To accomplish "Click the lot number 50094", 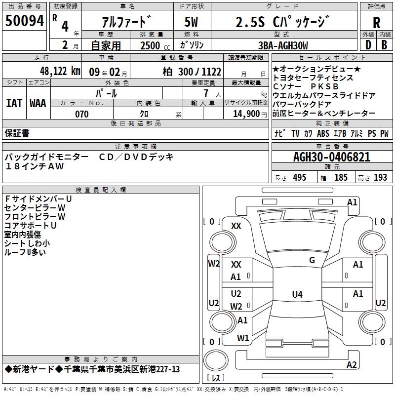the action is click(x=24, y=21).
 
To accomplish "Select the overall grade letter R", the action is click(x=376, y=23).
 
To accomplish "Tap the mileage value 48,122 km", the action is click(x=60, y=71).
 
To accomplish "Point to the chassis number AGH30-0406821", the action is click(x=332, y=157).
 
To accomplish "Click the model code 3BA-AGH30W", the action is click(x=283, y=45).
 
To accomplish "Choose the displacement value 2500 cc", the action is click(x=155, y=45).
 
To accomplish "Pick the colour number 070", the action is click(x=82, y=114).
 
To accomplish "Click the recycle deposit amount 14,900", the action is click(x=246, y=114).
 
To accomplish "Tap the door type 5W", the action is click(x=191, y=22).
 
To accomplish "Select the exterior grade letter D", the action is click(x=368, y=45).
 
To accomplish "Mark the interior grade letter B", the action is click(x=384, y=45).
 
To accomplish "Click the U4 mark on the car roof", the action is click(x=297, y=294).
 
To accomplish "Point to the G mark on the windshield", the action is click(x=312, y=260).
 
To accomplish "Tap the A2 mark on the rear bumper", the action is click(x=352, y=364).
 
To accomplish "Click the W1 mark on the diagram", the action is click(x=243, y=338).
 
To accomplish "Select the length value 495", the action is click(x=300, y=178).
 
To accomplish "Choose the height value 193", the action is click(x=380, y=178).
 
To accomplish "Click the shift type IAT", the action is click(x=14, y=103).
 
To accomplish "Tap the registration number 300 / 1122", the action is click(x=199, y=72).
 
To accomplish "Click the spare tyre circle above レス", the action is click(x=216, y=360).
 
